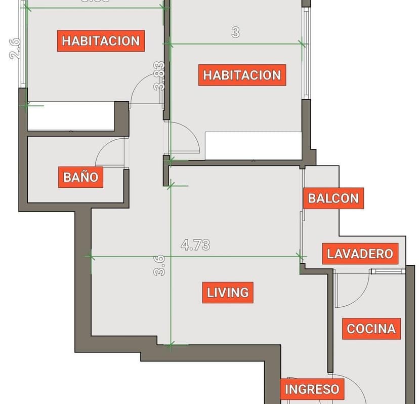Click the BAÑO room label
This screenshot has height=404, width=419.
pyautogui.click(x=80, y=177)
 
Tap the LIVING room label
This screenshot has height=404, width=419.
pyautogui.click(x=228, y=293)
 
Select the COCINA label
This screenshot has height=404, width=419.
pyautogui.click(x=371, y=329)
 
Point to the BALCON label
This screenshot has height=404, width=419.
pyautogui.click(x=333, y=198)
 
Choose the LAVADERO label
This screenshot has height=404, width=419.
pyautogui.click(x=360, y=253)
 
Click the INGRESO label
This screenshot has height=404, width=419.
pyautogui.click(x=312, y=389)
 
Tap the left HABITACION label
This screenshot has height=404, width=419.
pyautogui.click(x=101, y=41)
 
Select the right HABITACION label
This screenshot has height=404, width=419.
pyautogui.click(x=242, y=75)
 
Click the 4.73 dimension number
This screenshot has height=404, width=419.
pyautogui.click(x=195, y=245)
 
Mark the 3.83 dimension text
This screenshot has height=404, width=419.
pyautogui.click(x=160, y=76)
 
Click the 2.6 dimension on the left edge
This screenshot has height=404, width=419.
pyautogui.click(x=15, y=49)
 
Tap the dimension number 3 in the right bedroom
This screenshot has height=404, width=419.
pyautogui.click(x=235, y=32)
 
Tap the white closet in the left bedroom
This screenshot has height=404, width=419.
pyautogui.click(x=70, y=116)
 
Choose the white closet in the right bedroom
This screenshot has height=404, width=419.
pyautogui.click(x=253, y=146)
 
